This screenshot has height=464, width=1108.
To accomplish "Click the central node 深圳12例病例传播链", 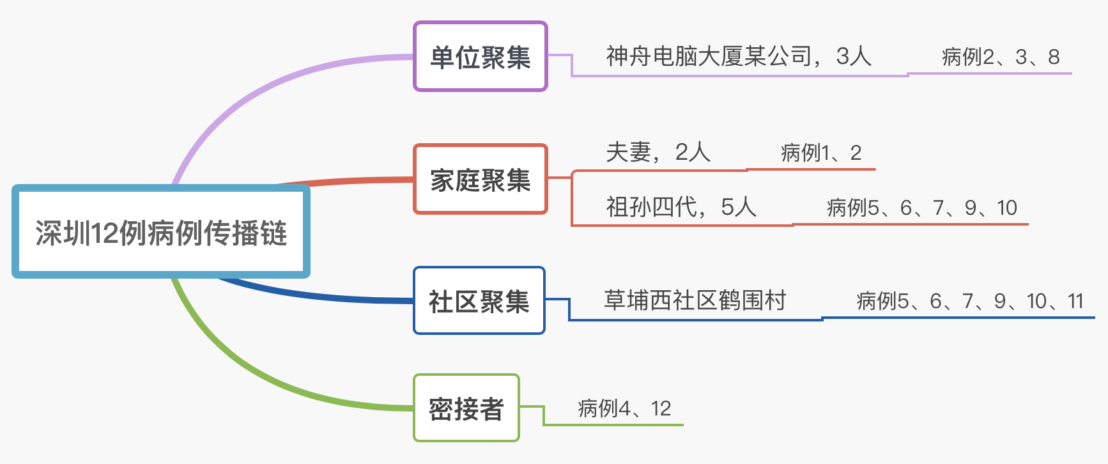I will (160, 232).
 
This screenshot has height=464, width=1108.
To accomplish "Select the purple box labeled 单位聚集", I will (481, 57).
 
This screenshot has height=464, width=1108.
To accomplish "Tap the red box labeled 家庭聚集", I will (481, 180).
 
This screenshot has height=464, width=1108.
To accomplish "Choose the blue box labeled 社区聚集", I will (479, 301).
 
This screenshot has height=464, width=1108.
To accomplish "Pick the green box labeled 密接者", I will (466, 408).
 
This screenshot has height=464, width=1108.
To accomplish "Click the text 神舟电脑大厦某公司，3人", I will (738, 56).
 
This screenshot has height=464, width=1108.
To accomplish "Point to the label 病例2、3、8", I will (1000, 57).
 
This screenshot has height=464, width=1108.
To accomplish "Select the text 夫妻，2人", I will (658, 152).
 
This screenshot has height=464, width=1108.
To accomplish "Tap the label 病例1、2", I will (820, 153).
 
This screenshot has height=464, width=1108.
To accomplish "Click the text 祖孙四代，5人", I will (681, 207).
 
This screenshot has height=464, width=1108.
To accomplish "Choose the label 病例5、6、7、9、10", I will (921, 208).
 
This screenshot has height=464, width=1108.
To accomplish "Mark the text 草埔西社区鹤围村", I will (695, 300).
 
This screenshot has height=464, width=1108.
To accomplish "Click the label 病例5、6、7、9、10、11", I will (970, 301).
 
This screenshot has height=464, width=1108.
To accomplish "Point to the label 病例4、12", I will (624, 408).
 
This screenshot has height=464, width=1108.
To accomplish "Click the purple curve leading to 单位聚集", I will (256, 96).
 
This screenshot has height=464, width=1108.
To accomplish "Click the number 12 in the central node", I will (104, 233).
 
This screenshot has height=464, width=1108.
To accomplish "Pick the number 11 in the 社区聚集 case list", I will (1076, 301).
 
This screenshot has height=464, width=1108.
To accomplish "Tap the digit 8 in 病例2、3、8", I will (1054, 57).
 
